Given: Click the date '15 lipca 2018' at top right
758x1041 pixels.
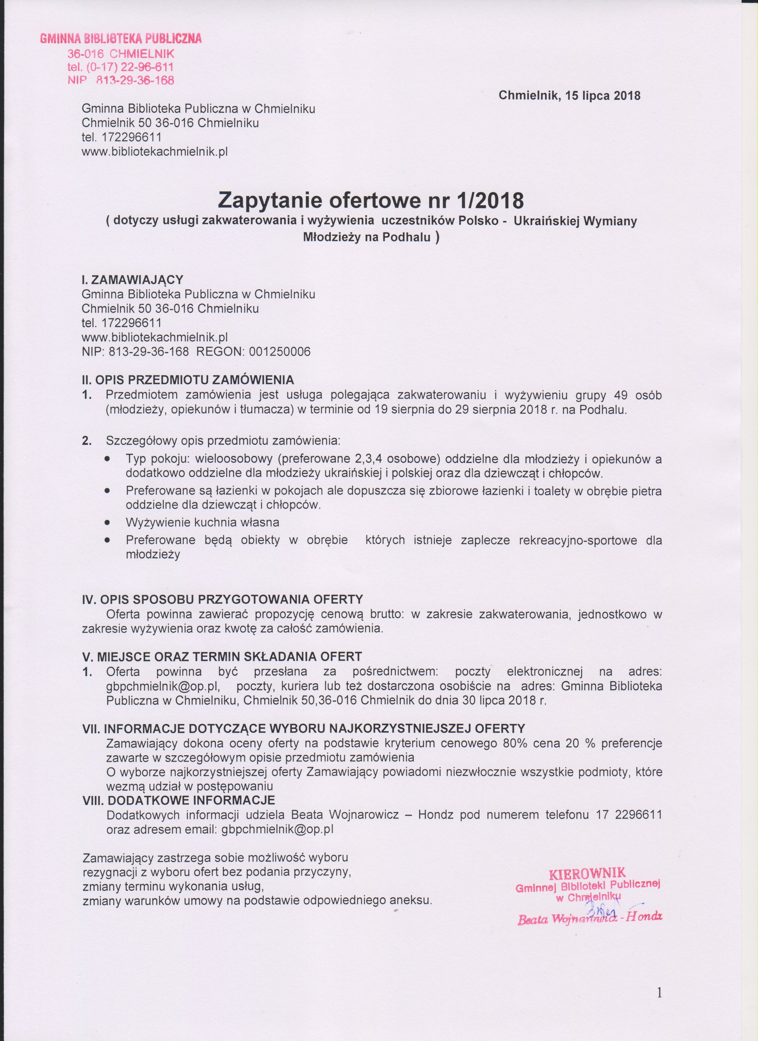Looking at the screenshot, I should pyautogui.click(x=603, y=96).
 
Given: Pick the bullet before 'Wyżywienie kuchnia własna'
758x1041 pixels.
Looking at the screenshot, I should pyautogui.click(x=107, y=522).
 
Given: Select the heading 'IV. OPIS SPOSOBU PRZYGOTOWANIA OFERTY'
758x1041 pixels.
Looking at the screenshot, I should pyautogui.click(x=222, y=599).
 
